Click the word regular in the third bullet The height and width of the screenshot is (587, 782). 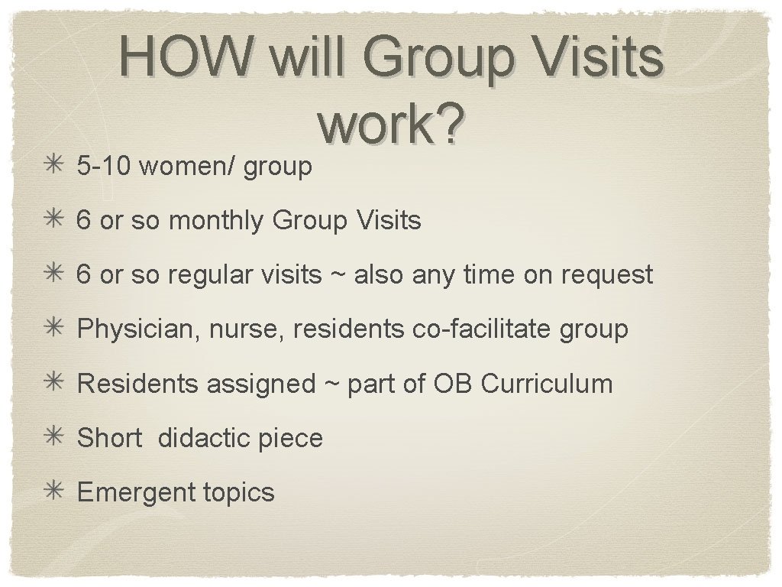coord(214,275)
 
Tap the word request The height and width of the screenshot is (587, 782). coord(607,275)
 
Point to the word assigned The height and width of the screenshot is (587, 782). coord(260,384)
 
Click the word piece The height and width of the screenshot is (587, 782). coord(291,439)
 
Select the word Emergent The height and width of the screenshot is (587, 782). coord(127,492)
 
